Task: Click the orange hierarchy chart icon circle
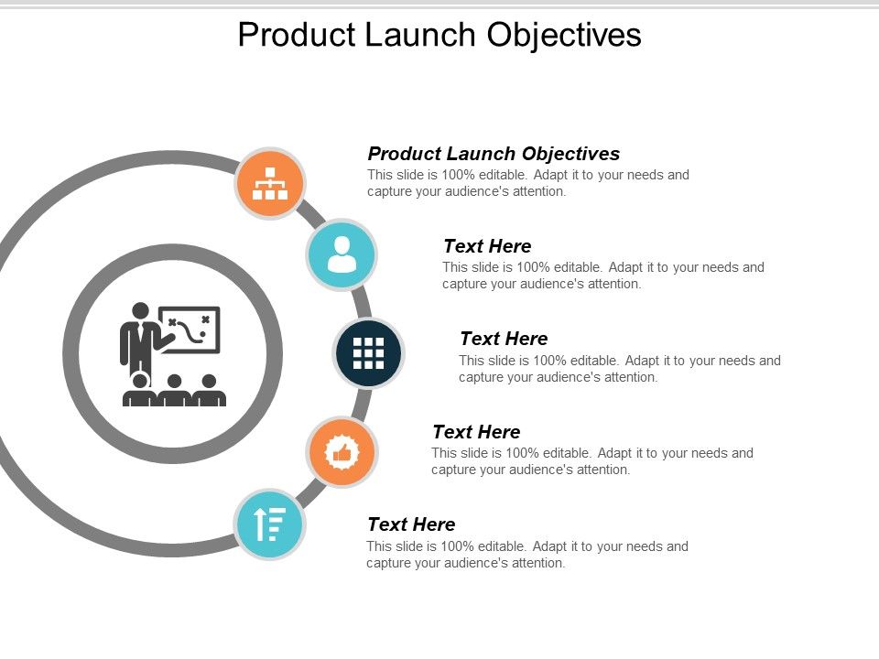point(270,184)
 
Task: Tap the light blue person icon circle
point(341,254)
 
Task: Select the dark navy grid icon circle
point(368,352)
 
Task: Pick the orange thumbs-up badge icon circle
point(342,452)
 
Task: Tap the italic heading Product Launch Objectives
point(494,154)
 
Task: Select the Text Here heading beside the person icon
point(486,246)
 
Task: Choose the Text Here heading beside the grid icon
point(503,339)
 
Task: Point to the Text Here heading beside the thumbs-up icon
point(475,432)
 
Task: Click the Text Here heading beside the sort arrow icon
point(410,524)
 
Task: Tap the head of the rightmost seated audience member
point(209,382)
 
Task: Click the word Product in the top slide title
point(293,35)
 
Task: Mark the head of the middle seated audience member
point(174,382)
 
